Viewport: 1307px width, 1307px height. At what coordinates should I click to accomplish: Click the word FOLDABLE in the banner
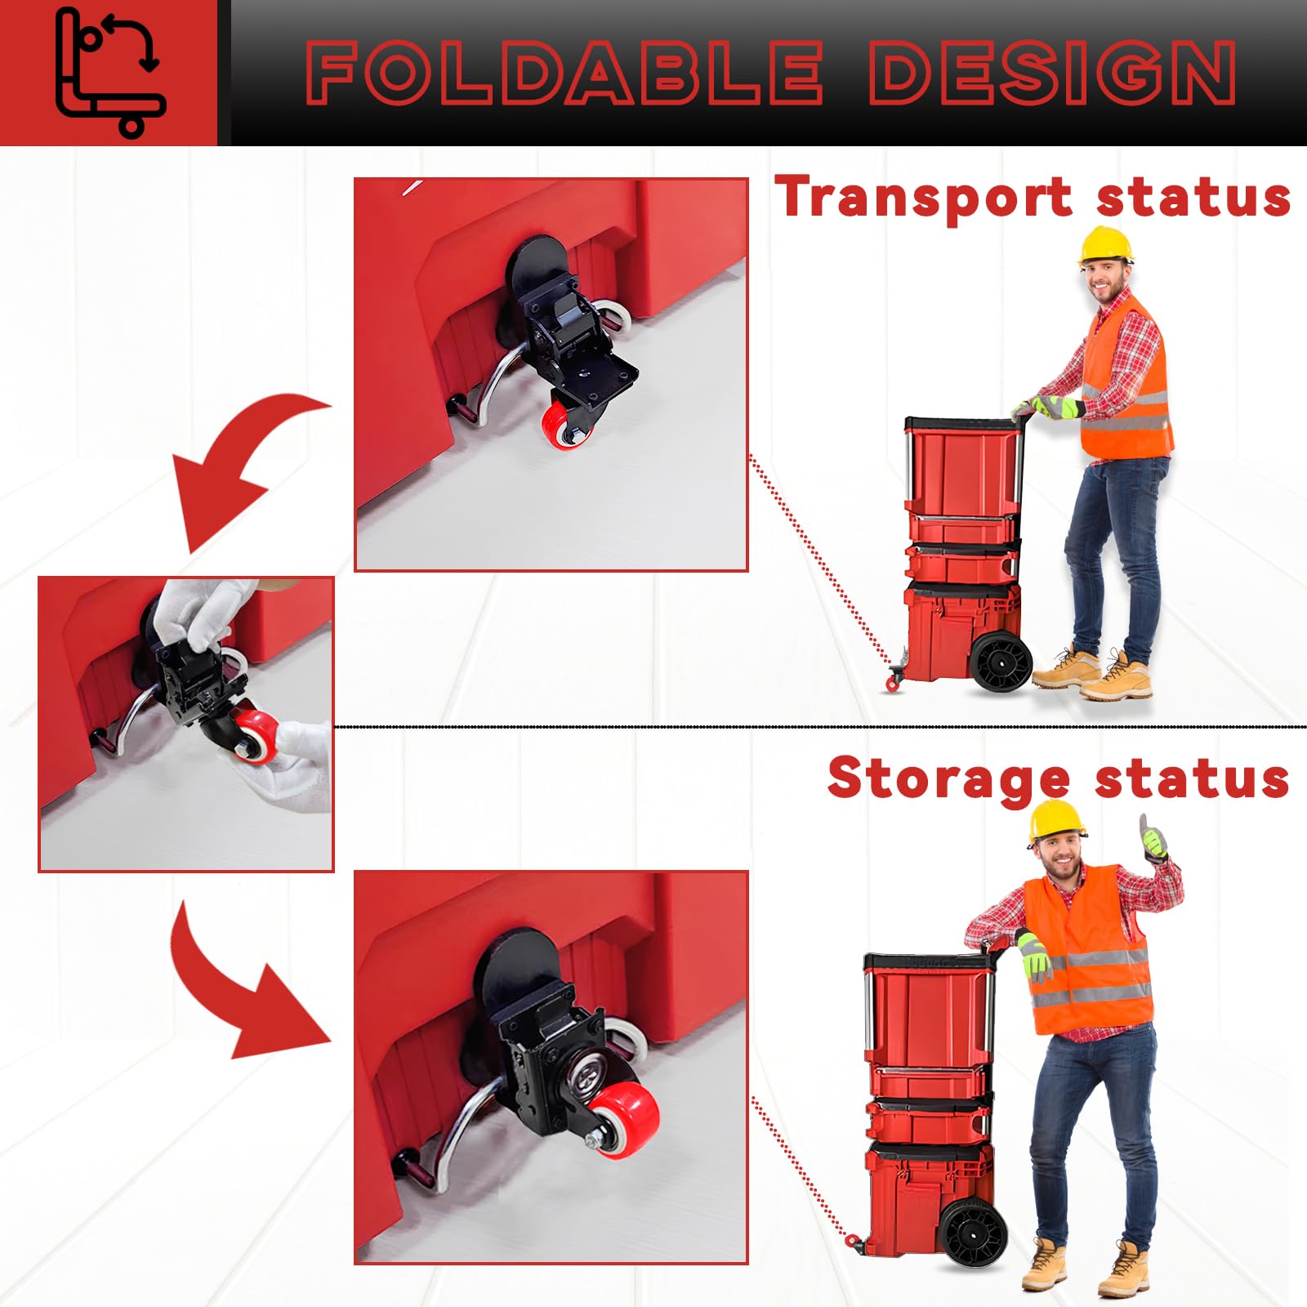tap(564, 74)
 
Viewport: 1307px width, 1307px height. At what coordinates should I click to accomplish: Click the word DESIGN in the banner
tap(1052, 74)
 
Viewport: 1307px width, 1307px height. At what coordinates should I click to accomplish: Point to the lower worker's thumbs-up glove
tap(1154, 841)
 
